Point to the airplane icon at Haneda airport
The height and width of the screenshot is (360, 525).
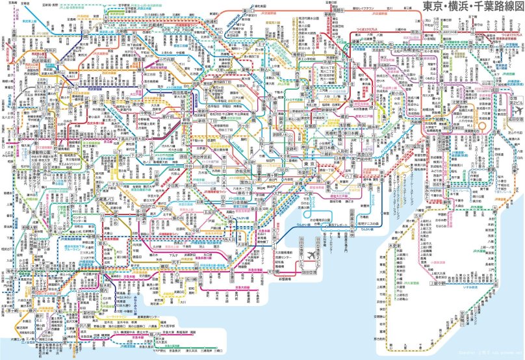[312, 252]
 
